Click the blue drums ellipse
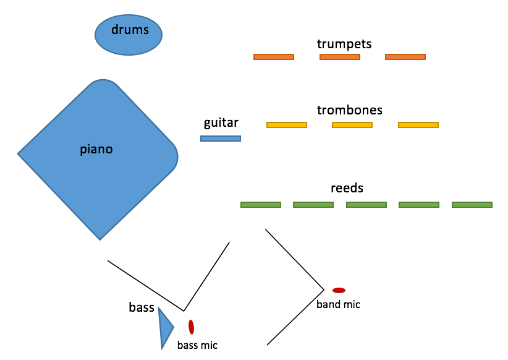click(129, 35)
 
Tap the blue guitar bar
click(221, 139)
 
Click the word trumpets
click(344, 43)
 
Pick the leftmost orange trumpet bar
click(274, 57)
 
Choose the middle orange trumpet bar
click(340, 57)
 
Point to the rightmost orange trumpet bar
click(405, 57)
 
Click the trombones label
click(350, 110)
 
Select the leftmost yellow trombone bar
click(287, 125)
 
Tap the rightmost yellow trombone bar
click(418, 125)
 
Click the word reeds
click(347, 188)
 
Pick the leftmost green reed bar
click(261, 205)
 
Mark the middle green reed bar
click(366, 205)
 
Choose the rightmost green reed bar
click(472, 205)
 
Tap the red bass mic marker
click(192, 327)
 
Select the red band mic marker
click(339, 290)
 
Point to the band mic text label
click(338, 304)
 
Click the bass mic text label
click(197, 345)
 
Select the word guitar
click(221, 123)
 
